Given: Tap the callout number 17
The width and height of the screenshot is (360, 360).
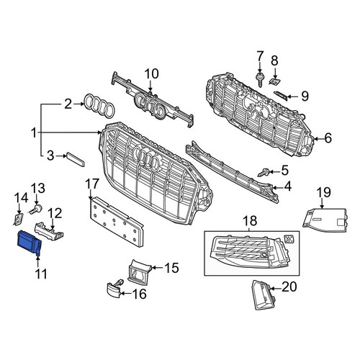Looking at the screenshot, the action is tap(92, 184).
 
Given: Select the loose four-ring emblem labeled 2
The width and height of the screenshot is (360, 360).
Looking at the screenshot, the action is tap(99, 106).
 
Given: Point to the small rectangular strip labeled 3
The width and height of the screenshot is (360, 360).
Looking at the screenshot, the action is tap(76, 159).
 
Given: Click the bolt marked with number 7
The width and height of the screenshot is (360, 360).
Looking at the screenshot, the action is tap(259, 80).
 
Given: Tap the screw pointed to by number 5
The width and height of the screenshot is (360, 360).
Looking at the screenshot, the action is tap(264, 173).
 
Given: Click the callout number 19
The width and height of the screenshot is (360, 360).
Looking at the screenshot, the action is tap(324, 192).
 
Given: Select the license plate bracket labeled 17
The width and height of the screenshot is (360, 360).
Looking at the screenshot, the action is tap(117, 222).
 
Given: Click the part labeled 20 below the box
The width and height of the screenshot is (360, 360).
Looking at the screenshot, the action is tap(261, 294).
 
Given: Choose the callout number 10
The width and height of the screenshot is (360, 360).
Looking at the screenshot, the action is tap(151, 73).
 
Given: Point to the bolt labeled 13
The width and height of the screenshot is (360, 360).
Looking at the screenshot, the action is tap(37, 209).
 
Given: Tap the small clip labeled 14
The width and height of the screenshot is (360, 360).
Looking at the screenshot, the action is tap(18, 218).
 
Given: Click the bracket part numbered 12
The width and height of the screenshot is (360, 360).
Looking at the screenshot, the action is tap(49, 232).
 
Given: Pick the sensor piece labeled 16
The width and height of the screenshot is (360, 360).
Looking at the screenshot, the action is tap(114, 288).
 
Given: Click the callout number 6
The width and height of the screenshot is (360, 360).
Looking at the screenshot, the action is tap(328, 138).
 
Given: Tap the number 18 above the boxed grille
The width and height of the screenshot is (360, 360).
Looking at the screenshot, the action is tap(250, 221).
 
